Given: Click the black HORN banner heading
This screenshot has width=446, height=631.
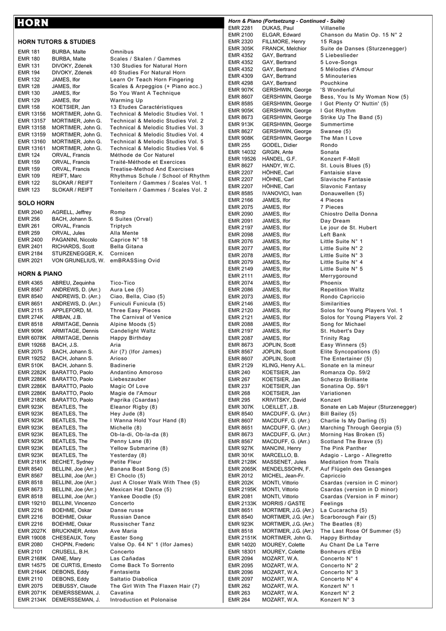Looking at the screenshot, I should [119, 23].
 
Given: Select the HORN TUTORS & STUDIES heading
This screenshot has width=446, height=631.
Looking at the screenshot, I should [56, 42].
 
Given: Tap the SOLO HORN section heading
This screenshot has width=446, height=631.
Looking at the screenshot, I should [36, 203].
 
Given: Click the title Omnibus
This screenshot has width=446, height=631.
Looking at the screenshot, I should [122, 52].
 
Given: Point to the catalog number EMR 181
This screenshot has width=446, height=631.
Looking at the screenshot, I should [29, 52].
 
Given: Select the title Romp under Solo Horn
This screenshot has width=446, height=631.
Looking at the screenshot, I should [118, 212].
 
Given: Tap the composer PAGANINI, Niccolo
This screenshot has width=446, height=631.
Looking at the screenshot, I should [74, 240].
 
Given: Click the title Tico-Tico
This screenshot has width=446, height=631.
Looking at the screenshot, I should [122, 283].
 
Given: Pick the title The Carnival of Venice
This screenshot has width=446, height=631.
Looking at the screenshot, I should [141, 317].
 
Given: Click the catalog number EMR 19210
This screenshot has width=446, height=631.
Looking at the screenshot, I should [32, 503].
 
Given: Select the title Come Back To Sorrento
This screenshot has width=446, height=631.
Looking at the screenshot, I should [142, 565].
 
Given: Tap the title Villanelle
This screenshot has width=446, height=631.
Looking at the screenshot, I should [333, 28].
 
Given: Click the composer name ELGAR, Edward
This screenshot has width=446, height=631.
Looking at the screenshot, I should [281, 35].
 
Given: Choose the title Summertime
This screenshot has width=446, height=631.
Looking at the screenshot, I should [337, 124].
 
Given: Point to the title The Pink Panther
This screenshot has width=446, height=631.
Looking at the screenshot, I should [343, 448].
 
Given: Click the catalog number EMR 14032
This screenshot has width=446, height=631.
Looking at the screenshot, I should [242, 152].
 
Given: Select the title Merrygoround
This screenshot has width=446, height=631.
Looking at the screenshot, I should [338, 276].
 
